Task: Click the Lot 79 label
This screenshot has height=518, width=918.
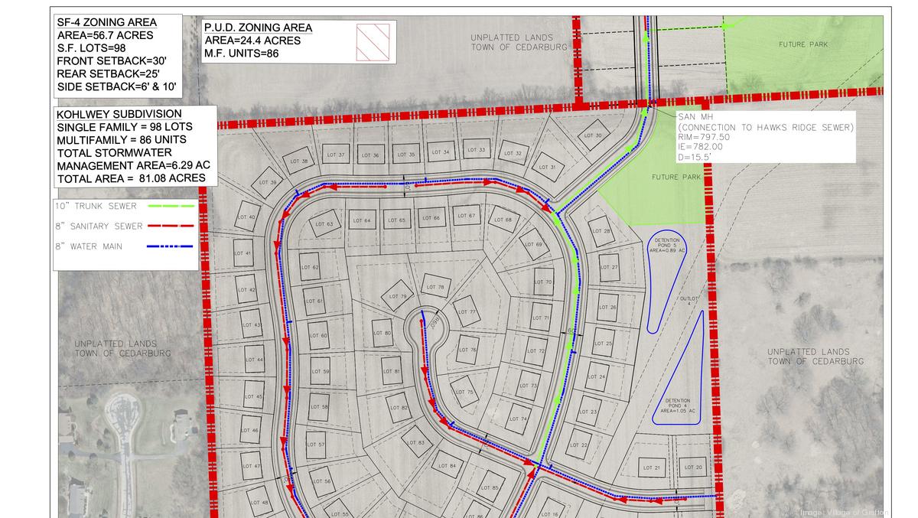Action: [397, 296]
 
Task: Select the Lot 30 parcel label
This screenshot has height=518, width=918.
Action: [593, 135]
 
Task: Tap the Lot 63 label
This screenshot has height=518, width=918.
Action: [324, 224]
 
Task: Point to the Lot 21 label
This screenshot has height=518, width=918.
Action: [652, 468]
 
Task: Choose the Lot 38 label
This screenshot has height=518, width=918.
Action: [299, 161]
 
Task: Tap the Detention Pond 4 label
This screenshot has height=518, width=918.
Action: [678, 406]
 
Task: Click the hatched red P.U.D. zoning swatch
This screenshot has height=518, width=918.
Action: [373, 41]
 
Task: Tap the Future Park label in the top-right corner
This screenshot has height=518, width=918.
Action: [803, 44]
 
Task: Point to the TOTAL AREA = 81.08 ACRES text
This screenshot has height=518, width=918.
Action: [131, 178]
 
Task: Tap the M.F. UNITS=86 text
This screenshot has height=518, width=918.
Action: [241, 54]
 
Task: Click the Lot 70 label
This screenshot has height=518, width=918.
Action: [543, 282]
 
